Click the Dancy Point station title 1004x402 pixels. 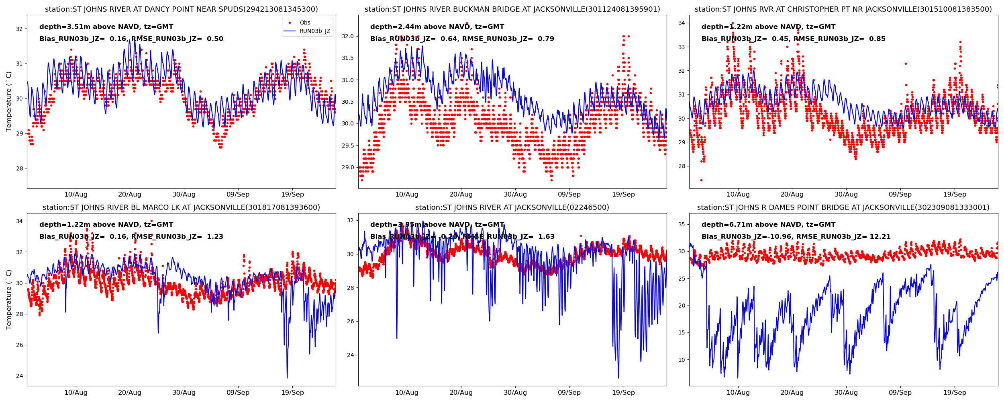[181, 9]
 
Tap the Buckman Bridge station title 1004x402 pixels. [512, 9]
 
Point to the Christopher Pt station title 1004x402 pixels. [843, 9]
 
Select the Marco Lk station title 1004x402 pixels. [181, 207]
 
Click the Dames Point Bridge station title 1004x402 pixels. [843, 207]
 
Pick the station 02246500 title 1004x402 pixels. [512, 207]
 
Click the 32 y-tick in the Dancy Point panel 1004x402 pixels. [19, 29]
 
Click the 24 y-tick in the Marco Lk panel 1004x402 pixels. [19, 376]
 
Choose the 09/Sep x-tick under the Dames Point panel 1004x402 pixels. [900, 393]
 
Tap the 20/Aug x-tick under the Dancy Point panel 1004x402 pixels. [130, 195]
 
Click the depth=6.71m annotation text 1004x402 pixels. [768, 225]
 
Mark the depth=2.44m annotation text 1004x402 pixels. [437, 27]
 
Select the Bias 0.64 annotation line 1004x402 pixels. [462, 39]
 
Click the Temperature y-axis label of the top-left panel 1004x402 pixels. [9, 101]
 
